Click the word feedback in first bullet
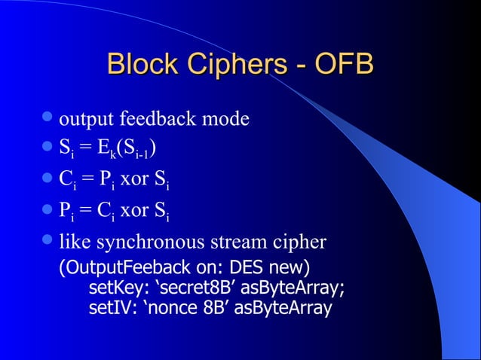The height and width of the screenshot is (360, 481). point(155,120)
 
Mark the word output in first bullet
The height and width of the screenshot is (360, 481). point(84,121)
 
